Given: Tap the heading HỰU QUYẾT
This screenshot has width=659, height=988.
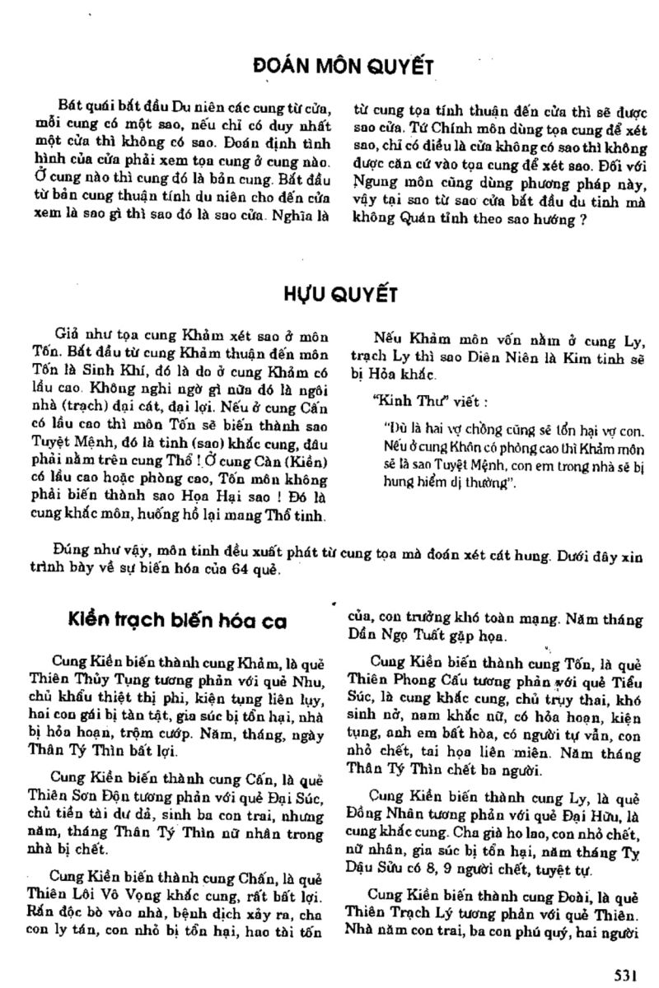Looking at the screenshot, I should click(329, 296).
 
